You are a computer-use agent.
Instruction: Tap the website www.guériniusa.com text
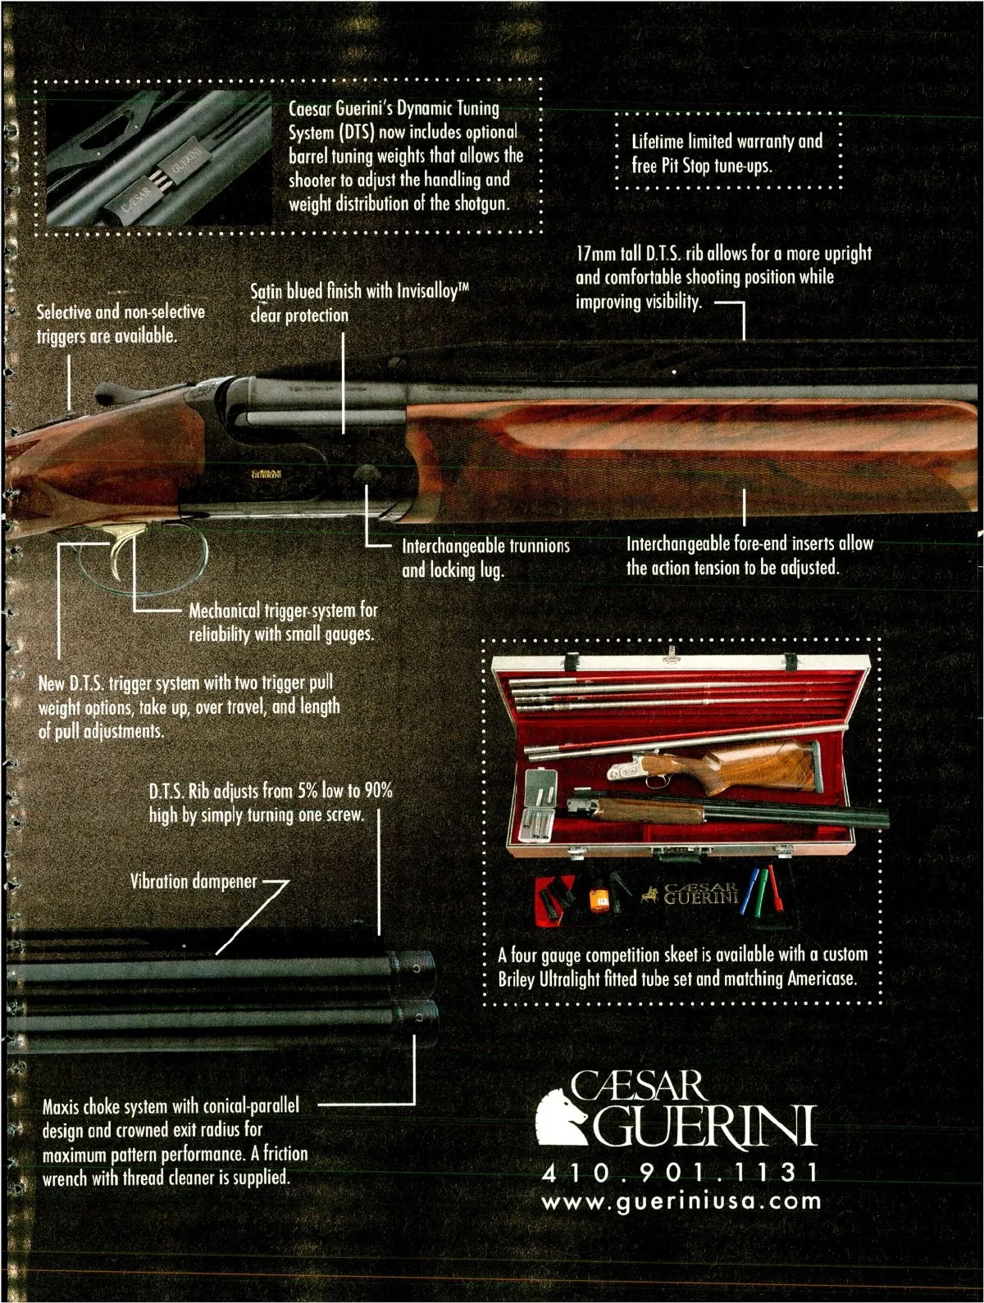pyautogui.click(x=681, y=1201)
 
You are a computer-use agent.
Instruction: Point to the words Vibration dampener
pyautogui.click(x=194, y=882)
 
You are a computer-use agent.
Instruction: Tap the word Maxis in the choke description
pyautogui.click(x=61, y=1107)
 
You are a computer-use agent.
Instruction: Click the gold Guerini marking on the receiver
pyautogui.click(x=266, y=474)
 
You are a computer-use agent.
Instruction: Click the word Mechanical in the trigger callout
pyautogui.click(x=224, y=611)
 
